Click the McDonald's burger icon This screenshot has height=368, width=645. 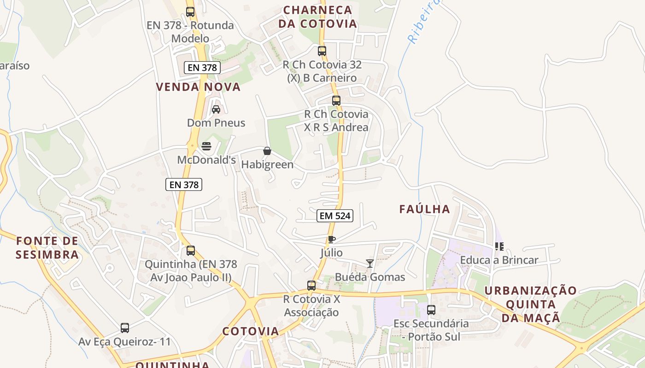coord(206,146)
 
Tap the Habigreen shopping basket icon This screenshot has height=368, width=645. coord(267,150)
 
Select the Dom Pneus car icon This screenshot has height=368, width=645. coord(216,109)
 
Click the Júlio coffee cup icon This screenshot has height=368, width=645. coord(331,239)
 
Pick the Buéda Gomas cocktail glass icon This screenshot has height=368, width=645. coord(369,263)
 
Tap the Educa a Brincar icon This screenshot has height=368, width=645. coord(499,247)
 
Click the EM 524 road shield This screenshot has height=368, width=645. coord(334,215)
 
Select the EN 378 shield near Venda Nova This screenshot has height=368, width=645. coord(202,68)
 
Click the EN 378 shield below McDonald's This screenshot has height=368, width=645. coord(184,184)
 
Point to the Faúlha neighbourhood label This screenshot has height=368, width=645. coord(424,209)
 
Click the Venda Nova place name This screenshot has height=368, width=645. coord(198,87)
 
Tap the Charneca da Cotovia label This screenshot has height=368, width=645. coord(317,17)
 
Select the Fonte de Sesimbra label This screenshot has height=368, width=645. coord(47,247)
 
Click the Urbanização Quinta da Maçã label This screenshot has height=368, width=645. coord(530,304)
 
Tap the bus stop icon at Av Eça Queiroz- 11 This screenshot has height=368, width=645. coord(125,328)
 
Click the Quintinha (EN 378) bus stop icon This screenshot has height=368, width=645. coord(190,251)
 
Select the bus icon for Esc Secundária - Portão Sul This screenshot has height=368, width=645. coord(431,310)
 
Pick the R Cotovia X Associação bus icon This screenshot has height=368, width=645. coord(311,286)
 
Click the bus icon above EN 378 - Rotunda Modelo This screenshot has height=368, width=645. coord(190,12)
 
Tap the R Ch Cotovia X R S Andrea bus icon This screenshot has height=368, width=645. coord(336,100)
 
